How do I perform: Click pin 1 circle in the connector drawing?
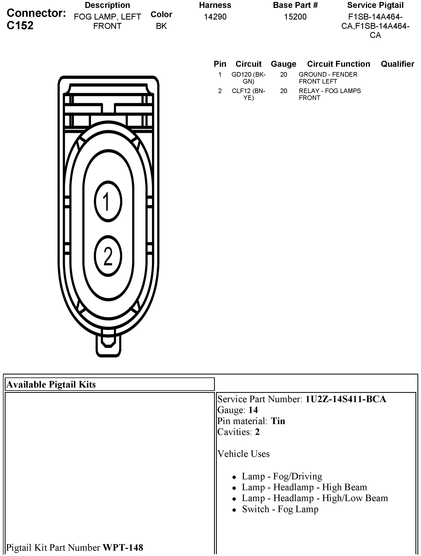pyautogui.click(x=108, y=202)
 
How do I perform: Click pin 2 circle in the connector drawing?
pyautogui.click(x=108, y=256)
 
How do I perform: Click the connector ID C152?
pyautogui.click(x=20, y=25)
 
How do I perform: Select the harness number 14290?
pyautogui.click(x=215, y=17)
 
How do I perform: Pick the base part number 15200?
pyautogui.click(x=295, y=17)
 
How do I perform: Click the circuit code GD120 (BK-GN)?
pyautogui.click(x=248, y=78)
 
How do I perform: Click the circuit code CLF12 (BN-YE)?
pyautogui.click(x=248, y=94)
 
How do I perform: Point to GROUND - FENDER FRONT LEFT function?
pyautogui.click(x=328, y=78)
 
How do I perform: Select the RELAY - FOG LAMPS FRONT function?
pyautogui.click(x=329, y=94)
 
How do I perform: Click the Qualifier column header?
pyautogui.click(x=397, y=64)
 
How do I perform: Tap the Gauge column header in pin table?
pyautogui.click(x=283, y=64)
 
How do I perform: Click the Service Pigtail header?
pyautogui.click(x=375, y=5)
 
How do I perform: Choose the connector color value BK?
pyautogui.click(x=161, y=26)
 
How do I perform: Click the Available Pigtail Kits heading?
pyautogui.click(x=51, y=385)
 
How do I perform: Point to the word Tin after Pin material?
pyautogui.click(x=278, y=421)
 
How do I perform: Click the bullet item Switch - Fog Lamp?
pyautogui.click(x=280, y=509)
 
